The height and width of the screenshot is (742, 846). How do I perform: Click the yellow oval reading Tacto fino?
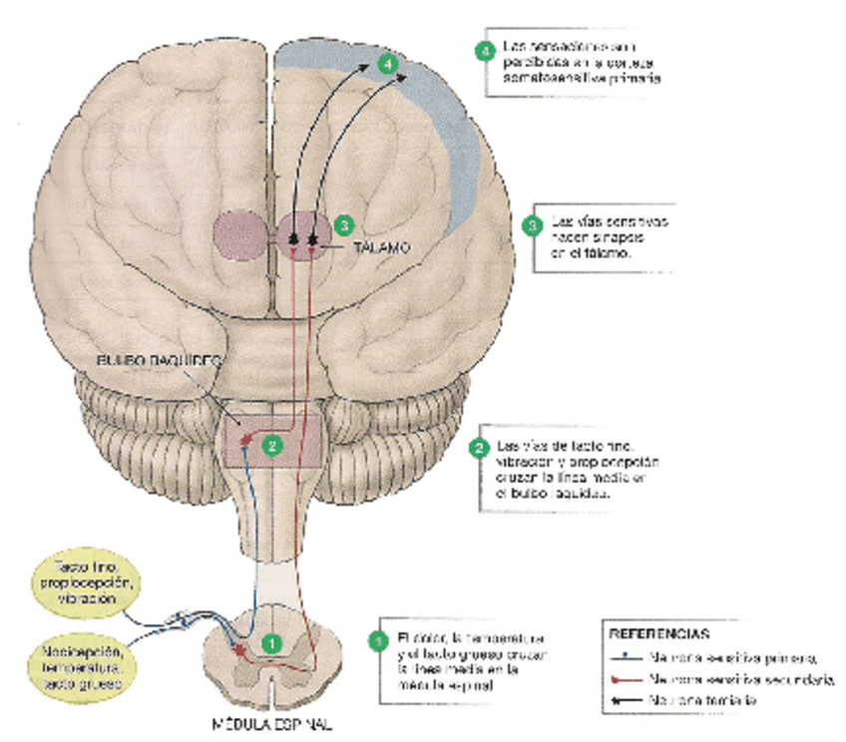pyautogui.click(x=81, y=582)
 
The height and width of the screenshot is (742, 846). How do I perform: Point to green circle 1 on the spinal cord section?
pyautogui.click(x=270, y=644)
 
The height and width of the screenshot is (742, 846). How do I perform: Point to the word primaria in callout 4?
pyautogui.click(x=633, y=77)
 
